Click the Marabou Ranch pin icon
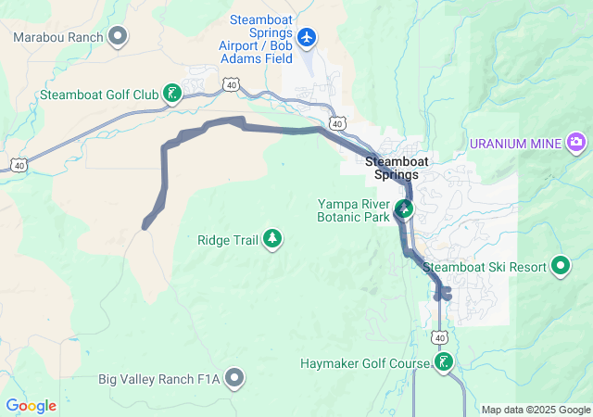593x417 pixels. tap(118, 36)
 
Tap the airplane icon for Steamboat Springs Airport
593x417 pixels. tap(308, 37)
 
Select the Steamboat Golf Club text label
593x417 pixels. tap(99, 94)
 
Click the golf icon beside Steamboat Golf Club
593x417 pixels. tap(171, 92)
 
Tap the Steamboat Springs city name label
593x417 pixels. tap(397, 168)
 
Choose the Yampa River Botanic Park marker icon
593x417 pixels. tap(404, 208)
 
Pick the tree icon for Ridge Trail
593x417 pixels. tap(272, 239)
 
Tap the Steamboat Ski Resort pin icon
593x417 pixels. tap(561, 266)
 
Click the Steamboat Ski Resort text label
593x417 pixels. tap(485, 267)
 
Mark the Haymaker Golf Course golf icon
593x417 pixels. tap(445, 362)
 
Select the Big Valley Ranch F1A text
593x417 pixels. tap(159, 379)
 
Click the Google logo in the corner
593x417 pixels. tap(32, 405)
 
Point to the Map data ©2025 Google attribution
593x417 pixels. tap(536, 410)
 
